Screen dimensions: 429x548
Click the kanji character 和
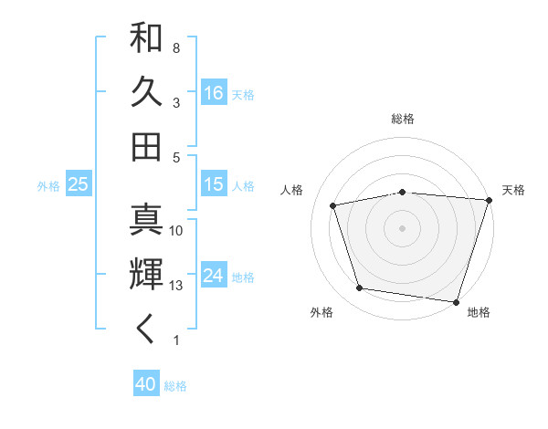146,39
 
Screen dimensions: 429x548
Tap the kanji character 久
146,93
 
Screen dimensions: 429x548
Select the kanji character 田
146,146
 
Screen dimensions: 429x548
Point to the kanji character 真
146,220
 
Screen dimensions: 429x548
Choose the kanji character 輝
146,275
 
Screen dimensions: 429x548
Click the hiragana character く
146,330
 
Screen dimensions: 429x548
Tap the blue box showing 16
214,92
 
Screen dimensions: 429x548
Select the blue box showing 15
214,184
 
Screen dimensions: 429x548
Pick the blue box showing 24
214,276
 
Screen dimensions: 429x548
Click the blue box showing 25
79,184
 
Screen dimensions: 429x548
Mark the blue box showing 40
146,384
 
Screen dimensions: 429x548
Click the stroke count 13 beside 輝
177,286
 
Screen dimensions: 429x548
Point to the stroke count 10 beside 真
177,231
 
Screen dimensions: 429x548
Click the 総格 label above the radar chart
403,119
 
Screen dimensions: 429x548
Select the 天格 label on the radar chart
513,190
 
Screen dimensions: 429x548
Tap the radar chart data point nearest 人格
333,205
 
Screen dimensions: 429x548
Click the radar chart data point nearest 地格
456,301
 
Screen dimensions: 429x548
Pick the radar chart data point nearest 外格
360,288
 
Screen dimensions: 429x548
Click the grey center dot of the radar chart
403,227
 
